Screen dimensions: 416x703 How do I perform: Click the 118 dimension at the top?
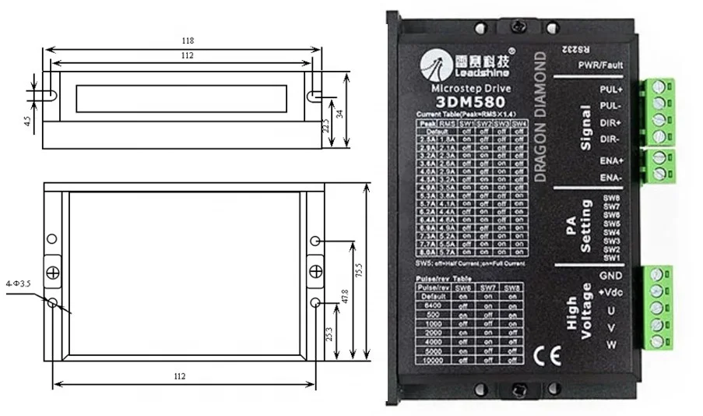(x=185, y=41)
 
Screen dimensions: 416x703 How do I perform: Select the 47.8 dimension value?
(x=344, y=296)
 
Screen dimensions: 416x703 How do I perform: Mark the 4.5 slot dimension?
(x=27, y=122)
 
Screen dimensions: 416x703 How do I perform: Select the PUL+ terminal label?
(x=611, y=90)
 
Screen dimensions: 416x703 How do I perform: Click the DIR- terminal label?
(x=611, y=139)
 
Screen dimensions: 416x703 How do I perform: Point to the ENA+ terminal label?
(x=611, y=160)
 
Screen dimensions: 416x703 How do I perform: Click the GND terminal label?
(x=610, y=275)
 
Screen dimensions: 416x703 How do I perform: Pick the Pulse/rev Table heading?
(x=442, y=278)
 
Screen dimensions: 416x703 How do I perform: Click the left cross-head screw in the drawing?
(x=52, y=272)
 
